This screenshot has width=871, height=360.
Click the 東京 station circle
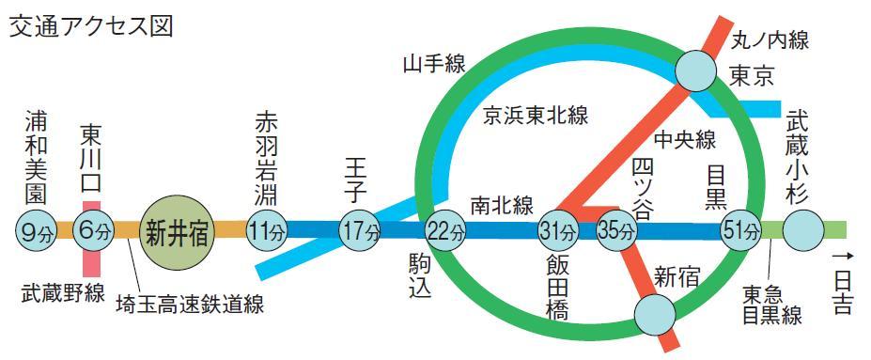[x=696, y=70]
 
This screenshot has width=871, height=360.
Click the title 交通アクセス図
[x=91, y=25]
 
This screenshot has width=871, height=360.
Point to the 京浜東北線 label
[x=536, y=117]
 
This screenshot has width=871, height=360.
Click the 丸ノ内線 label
[x=770, y=40]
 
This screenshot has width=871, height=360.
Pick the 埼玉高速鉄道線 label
[x=189, y=305]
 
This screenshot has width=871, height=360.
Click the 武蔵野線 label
[x=62, y=293]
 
